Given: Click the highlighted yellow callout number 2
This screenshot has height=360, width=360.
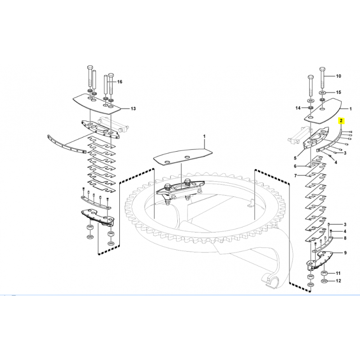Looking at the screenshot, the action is pyautogui.click(x=341, y=121).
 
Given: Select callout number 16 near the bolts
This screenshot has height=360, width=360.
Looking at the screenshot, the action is pyautogui.click(x=120, y=82).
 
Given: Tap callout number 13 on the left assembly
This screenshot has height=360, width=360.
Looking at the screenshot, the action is pyautogui.click(x=133, y=108).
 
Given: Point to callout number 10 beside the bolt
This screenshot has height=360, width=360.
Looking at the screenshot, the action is pyautogui.click(x=338, y=76).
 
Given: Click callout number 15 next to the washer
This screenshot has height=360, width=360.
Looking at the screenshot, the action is pyautogui.click(x=338, y=92).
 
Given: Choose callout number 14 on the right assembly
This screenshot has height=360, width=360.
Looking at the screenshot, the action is pyautogui.click(x=298, y=108).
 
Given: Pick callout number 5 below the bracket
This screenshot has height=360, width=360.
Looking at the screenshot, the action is pyautogui.click(x=295, y=158).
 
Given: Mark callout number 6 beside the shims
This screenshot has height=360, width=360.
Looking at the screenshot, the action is pyautogui.click(x=295, y=166).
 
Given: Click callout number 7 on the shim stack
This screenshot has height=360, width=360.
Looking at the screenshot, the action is pyautogui.click(x=296, y=176).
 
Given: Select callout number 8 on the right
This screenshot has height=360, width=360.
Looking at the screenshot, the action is pyautogui.click(x=345, y=238).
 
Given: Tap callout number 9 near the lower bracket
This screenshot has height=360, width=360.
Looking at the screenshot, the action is pyautogui.click(x=345, y=253).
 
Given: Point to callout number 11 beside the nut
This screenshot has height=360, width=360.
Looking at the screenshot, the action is pyautogui.click(x=338, y=273).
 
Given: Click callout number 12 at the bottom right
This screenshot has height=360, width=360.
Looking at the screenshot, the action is pyautogui.click(x=338, y=281).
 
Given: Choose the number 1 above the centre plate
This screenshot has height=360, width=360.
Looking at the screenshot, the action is pyautogui.click(x=204, y=136).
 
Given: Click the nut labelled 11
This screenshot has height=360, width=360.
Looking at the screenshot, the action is pyautogui.click(x=324, y=273).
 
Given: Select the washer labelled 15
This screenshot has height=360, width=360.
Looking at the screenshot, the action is pyautogui.click(x=322, y=92).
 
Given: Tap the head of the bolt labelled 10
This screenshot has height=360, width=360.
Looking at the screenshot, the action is pyautogui.click(x=322, y=69).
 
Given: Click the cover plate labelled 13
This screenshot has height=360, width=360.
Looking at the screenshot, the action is pyautogui.click(x=96, y=104).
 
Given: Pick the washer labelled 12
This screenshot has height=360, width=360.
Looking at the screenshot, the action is pyautogui.click(x=324, y=281).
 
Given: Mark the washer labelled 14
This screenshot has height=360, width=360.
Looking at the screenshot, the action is pyautogui.click(x=310, y=108).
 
